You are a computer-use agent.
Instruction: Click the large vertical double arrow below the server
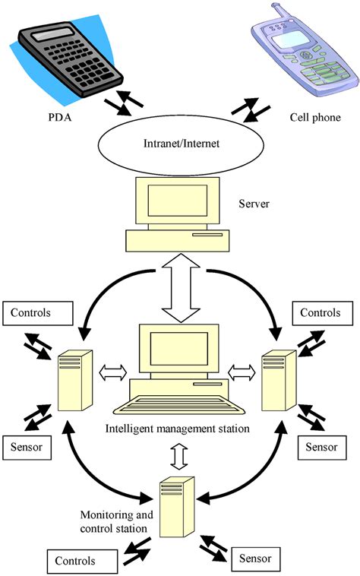click(x=180, y=292)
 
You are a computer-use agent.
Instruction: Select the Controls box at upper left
click(x=37, y=312)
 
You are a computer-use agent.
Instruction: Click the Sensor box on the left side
click(x=27, y=447)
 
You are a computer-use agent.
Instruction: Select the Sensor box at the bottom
click(x=254, y=557)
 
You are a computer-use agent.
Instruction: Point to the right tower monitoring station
click(x=279, y=388)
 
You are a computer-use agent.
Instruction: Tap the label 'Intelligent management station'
click(x=178, y=429)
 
